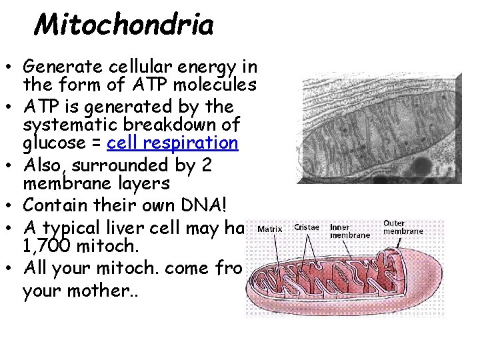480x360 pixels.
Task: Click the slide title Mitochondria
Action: click(x=124, y=26)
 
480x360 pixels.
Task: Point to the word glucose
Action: click(x=46, y=143)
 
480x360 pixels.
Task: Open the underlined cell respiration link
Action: click(x=172, y=143)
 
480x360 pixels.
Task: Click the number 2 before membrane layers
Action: click(x=206, y=164)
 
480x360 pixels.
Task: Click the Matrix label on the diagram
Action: click(x=269, y=229)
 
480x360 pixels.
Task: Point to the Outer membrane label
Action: click(x=403, y=227)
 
